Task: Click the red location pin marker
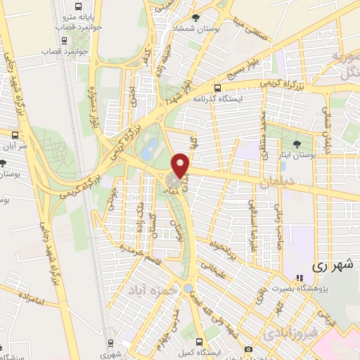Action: [x=182, y=165]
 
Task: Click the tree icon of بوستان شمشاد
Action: [x=196, y=18]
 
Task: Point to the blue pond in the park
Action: [x=150, y=148]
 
